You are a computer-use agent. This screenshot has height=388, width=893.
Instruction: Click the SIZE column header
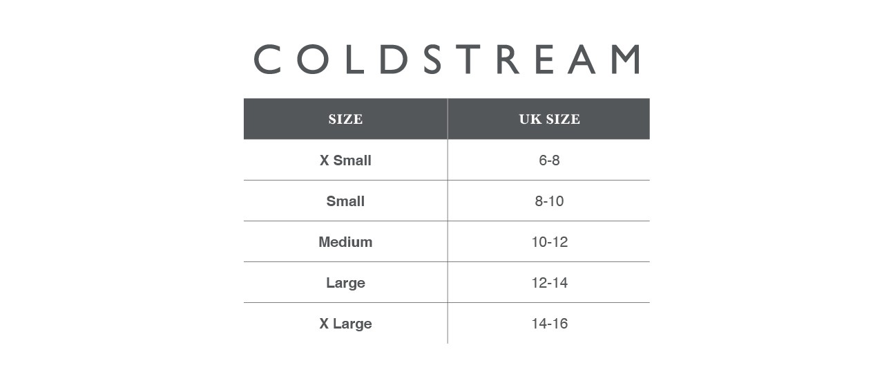pyautogui.click(x=345, y=119)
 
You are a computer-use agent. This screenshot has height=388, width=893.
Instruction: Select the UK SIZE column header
pyautogui.click(x=549, y=119)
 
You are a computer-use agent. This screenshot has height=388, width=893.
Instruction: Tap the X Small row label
pyautogui.click(x=345, y=160)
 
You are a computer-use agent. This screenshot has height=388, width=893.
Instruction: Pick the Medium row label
pyautogui.click(x=345, y=242)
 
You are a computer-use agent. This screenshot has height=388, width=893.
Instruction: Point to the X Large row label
pyautogui.click(x=345, y=324)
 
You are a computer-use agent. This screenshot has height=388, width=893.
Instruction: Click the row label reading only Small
pyautogui.click(x=345, y=201)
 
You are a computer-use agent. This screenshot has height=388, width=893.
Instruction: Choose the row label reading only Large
pyautogui.click(x=345, y=283)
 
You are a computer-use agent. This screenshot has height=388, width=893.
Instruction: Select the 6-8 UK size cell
pyautogui.click(x=549, y=160)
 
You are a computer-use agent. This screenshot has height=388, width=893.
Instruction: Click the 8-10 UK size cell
pyautogui.click(x=549, y=201)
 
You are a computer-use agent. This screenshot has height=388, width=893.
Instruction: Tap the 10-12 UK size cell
pyautogui.click(x=549, y=242)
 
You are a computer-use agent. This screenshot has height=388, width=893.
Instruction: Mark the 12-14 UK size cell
pyautogui.click(x=549, y=283)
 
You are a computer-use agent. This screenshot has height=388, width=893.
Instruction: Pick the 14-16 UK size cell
pyautogui.click(x=549, y=324)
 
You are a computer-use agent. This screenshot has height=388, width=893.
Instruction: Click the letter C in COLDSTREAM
pyautogui.click(x=267, y=59)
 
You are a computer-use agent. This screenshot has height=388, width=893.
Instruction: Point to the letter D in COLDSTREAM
pyautogui.click(x=394, y=59)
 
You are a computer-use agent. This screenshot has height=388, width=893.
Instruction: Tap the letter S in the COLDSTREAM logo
pyautogui.click(x=432, y=59)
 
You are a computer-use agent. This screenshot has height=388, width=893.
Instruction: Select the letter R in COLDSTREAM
pyautogui.click(x=508, y=59)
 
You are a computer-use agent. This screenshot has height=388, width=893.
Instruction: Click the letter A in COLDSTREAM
pyautogui.click(x=582, y=59)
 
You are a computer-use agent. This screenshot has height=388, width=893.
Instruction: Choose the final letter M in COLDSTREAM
pyautogui.click(x=626, y=59)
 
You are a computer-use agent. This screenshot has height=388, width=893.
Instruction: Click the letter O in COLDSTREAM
pyautogui.click(x=313, y=59)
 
